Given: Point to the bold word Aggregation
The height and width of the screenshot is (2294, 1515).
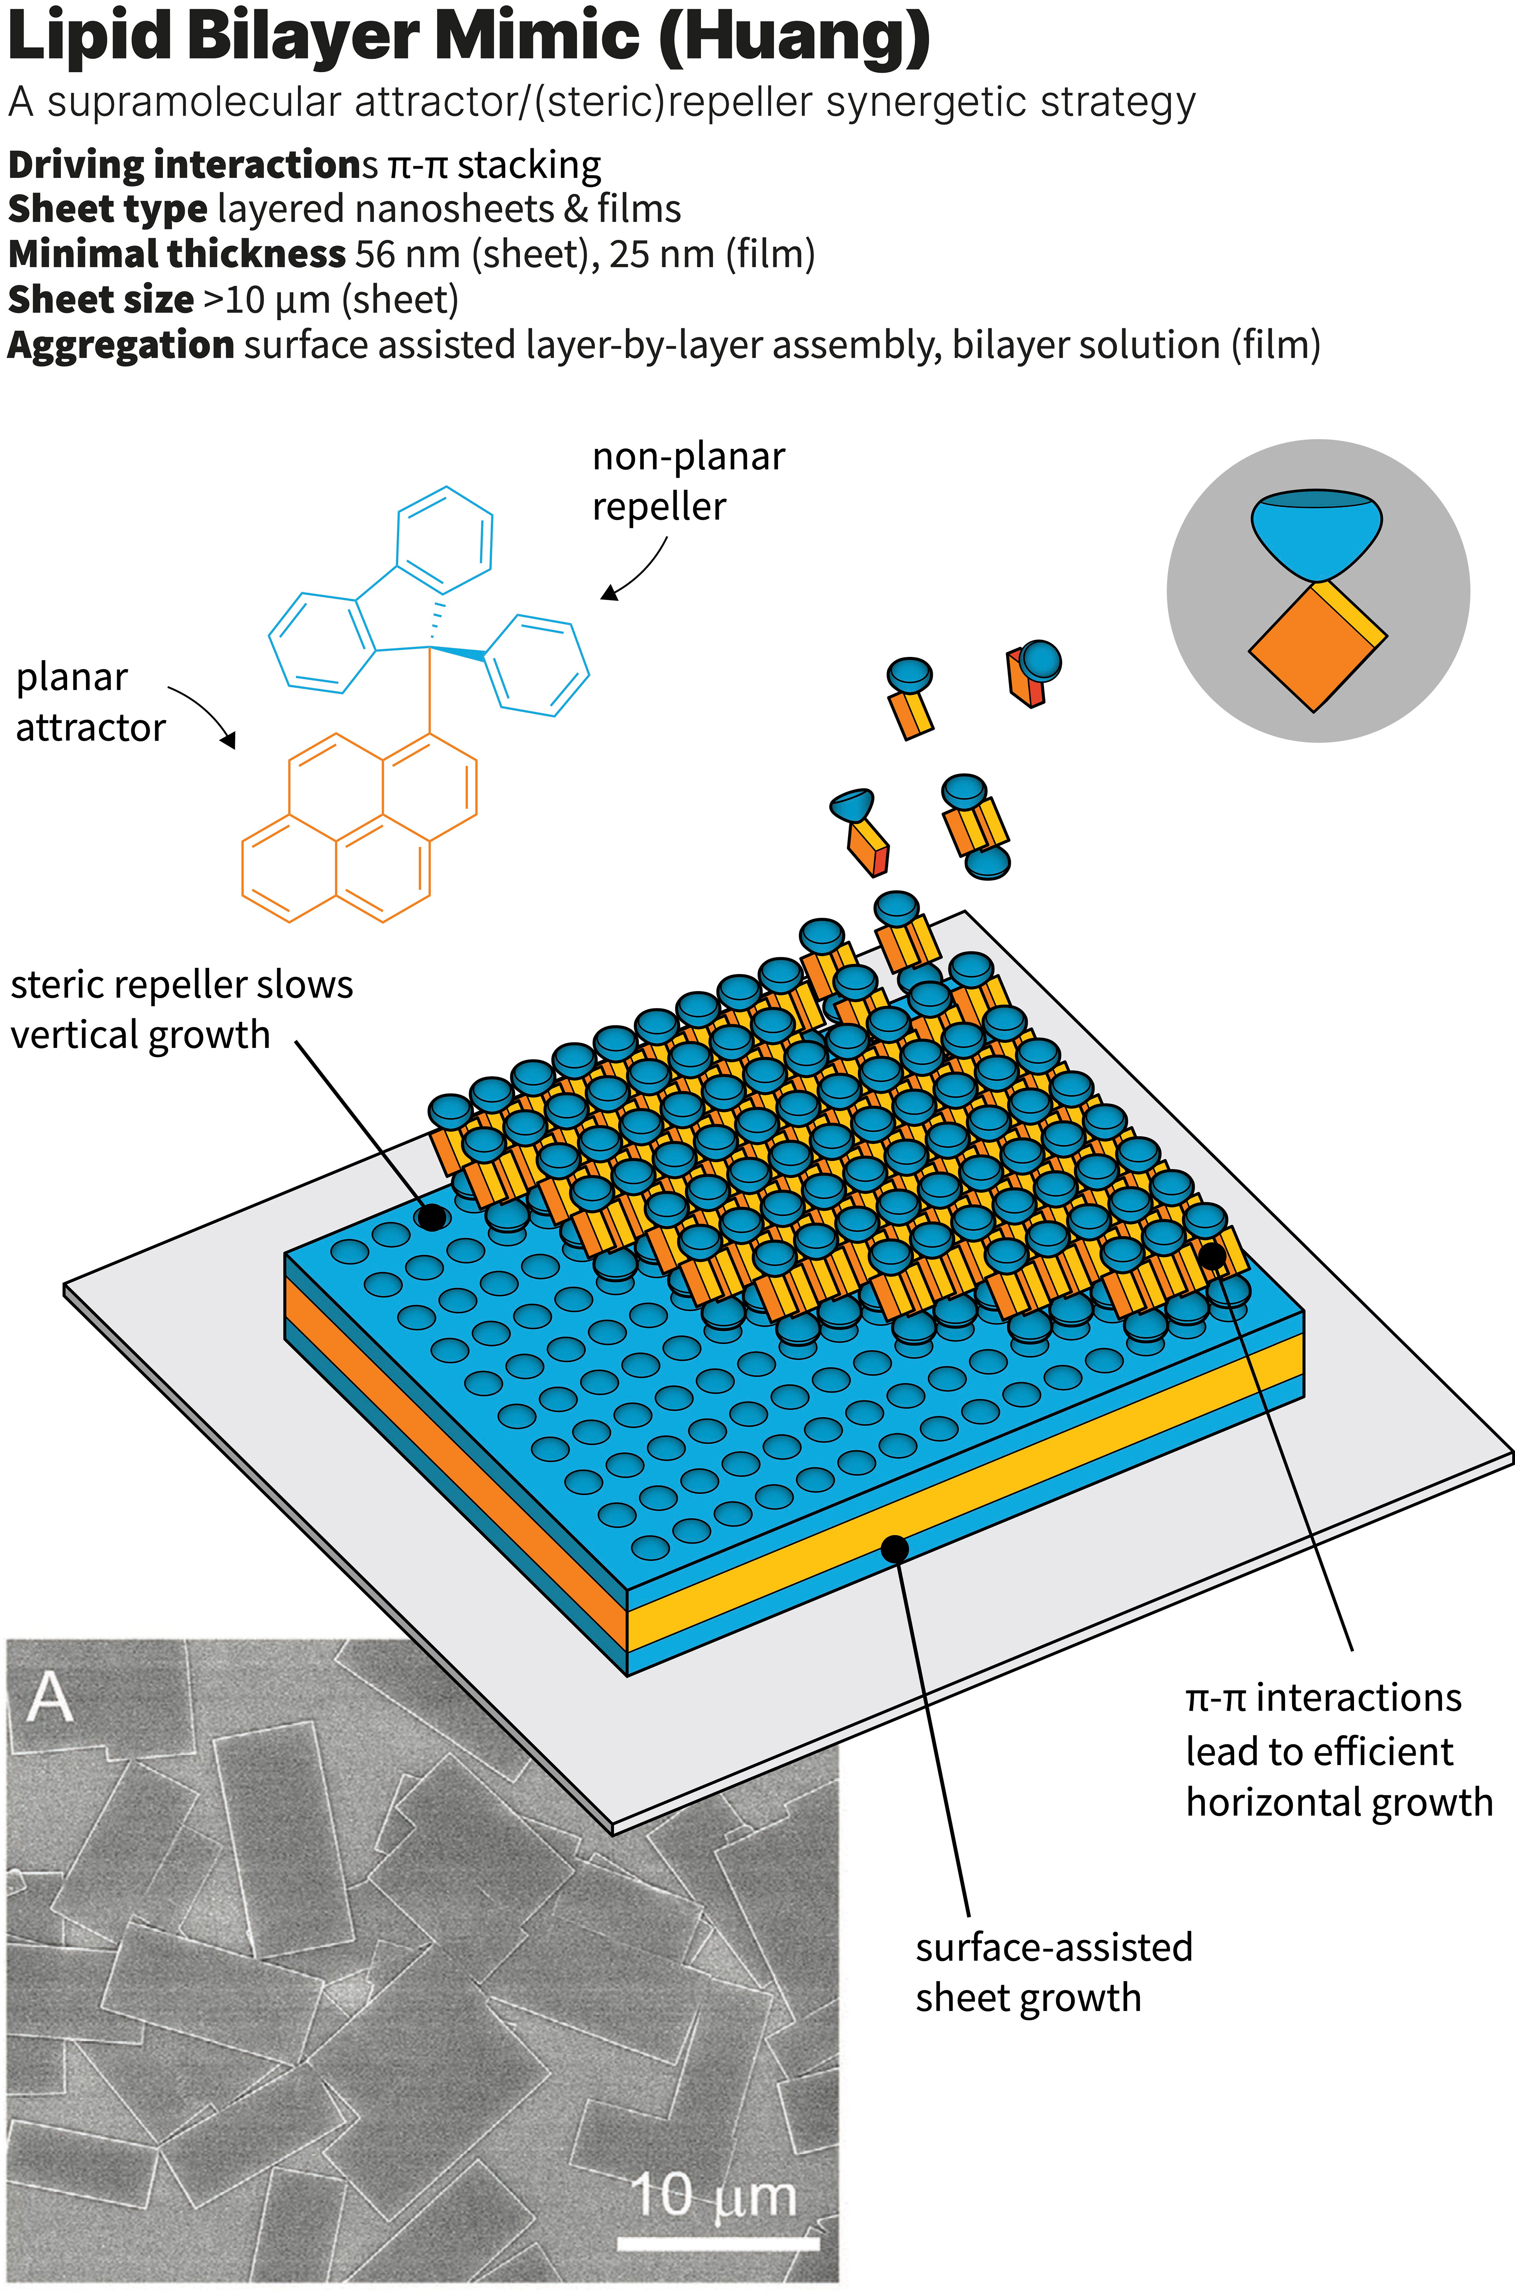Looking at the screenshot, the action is [x=120, y=345].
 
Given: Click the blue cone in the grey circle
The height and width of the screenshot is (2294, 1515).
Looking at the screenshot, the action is [x=1316, y=534].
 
